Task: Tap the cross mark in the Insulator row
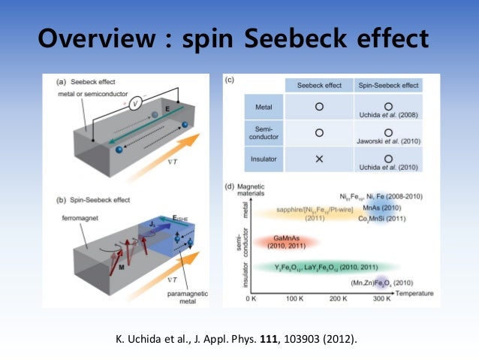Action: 319,159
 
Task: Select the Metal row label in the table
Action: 258,107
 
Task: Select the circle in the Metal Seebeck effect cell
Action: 319,107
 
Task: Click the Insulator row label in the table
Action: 258,159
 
